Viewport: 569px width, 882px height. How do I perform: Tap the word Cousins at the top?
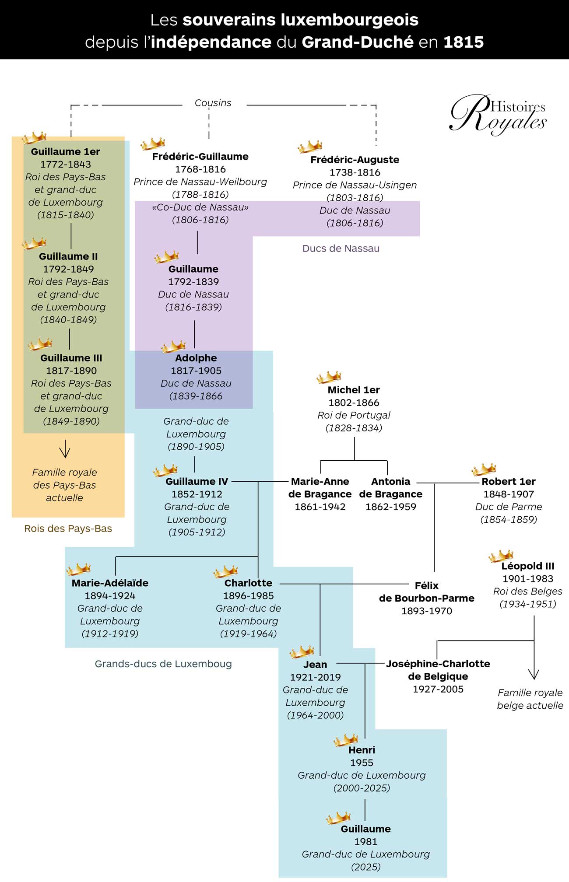click(213, 103)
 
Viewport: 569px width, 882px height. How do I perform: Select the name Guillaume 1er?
click(65, 152)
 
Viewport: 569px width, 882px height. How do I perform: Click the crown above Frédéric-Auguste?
click(310, 147)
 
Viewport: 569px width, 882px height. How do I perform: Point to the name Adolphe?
click(196, 358)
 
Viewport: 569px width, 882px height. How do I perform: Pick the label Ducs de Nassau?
click(341, 248)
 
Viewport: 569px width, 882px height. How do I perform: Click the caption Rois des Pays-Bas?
click(68, 528)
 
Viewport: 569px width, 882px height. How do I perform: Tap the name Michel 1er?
click(354, 390)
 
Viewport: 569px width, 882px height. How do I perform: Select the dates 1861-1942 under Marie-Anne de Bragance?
click(320, 507)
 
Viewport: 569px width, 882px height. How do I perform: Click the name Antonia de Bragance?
click(390, 487)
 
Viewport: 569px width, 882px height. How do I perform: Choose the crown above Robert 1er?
click(483, 469)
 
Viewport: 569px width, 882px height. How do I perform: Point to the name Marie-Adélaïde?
click(110, 583)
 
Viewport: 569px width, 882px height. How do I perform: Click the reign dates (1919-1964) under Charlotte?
click(248, 633)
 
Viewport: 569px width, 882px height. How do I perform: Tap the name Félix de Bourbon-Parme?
click(426, 591)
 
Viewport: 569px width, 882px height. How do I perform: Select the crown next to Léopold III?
click(501, 556)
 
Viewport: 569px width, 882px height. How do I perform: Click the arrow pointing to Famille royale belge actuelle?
click(534, 674)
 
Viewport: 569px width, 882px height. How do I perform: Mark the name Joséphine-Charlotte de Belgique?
click(438, 670)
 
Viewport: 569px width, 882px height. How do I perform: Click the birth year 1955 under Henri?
click(362, 763)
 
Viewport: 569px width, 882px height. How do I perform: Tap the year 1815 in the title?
click(464, 42)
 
